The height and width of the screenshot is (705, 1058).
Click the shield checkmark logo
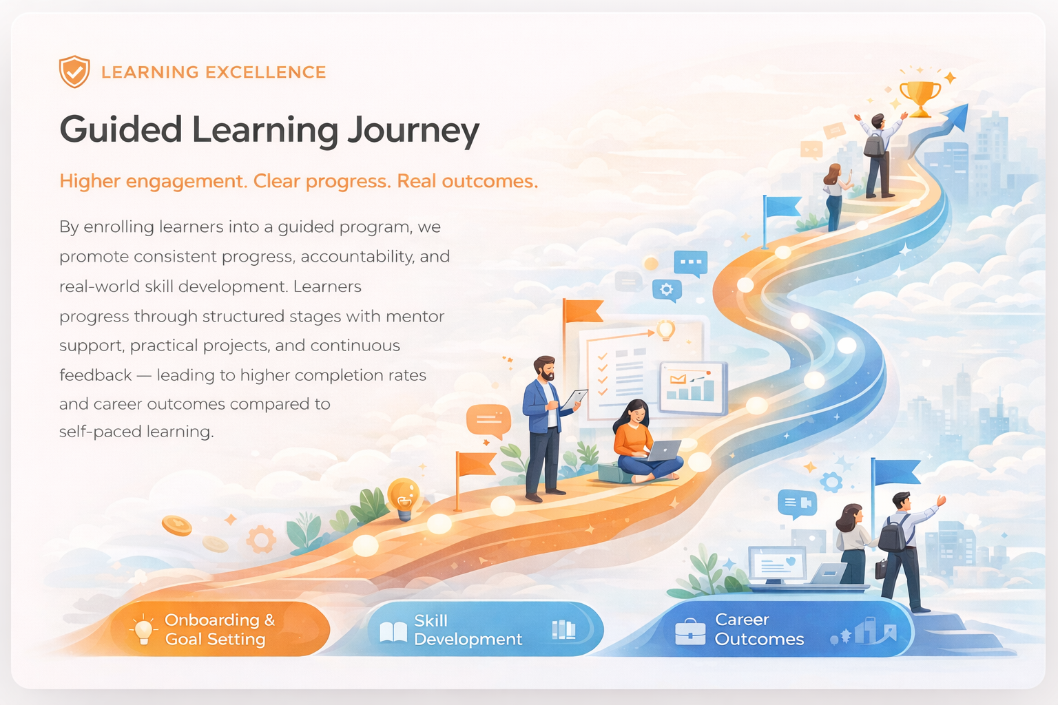(74, 72)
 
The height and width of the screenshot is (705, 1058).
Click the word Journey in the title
(413, 131)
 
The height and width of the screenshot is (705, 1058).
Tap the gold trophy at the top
(920, 97)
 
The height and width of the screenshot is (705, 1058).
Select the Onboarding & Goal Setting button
(219, 629)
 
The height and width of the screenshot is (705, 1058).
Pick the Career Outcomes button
(785, 629)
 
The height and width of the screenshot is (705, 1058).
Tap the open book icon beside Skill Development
(393, 631)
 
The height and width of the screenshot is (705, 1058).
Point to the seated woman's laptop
(663, 451)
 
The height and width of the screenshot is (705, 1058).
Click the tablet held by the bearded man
(574, 399)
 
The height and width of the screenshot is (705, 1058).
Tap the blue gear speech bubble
(667, 290)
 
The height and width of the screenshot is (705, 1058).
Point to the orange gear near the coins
(261, 539)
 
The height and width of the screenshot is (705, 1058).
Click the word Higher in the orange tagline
(90, 181)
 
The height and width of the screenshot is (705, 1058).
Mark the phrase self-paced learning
(136, 432)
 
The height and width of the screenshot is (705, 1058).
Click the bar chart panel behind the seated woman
(692, 388)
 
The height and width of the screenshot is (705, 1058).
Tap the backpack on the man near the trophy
(873, 144)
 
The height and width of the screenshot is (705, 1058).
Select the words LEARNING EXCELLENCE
(214, 72)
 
